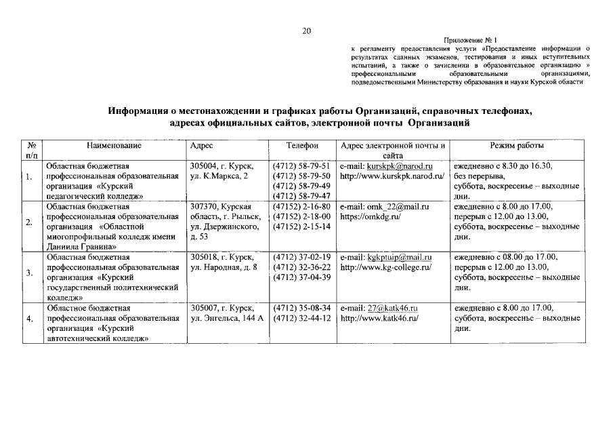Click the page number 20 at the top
click(x=306, y=31)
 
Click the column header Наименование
click(x=114, y=146)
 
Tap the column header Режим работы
click(x=516, y=146)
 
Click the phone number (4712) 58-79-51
click(x=301, y=166)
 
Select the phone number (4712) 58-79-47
click(x=301, y=196)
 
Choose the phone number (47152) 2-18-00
click(x=301, y=217)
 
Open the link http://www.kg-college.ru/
click(x=385, y=268)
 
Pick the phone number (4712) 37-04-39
click(x=301, y=277)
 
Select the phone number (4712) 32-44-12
click(x=301, y=318)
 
